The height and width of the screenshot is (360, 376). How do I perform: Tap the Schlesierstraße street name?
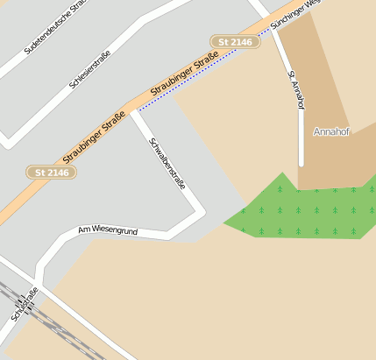(x=89, y=68)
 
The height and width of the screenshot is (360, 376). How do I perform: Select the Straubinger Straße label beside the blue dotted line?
(x=184, y=76)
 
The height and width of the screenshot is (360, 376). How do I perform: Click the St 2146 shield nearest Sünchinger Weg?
(x=235, y=41)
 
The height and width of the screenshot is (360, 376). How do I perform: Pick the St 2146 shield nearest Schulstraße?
(x=52, y=173)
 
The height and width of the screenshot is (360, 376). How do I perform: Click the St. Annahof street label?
(x=296, y=89)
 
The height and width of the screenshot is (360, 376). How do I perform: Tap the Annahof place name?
(x=331, y=131)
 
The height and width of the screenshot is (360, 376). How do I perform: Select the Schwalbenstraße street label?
(x=167, y=164)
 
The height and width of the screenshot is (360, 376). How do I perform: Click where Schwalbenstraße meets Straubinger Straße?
(x=133, y=109)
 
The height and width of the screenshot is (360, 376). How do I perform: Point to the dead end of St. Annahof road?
(x=301, y=164)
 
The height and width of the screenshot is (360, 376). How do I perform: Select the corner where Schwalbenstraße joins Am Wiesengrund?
(x=175, y=235)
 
